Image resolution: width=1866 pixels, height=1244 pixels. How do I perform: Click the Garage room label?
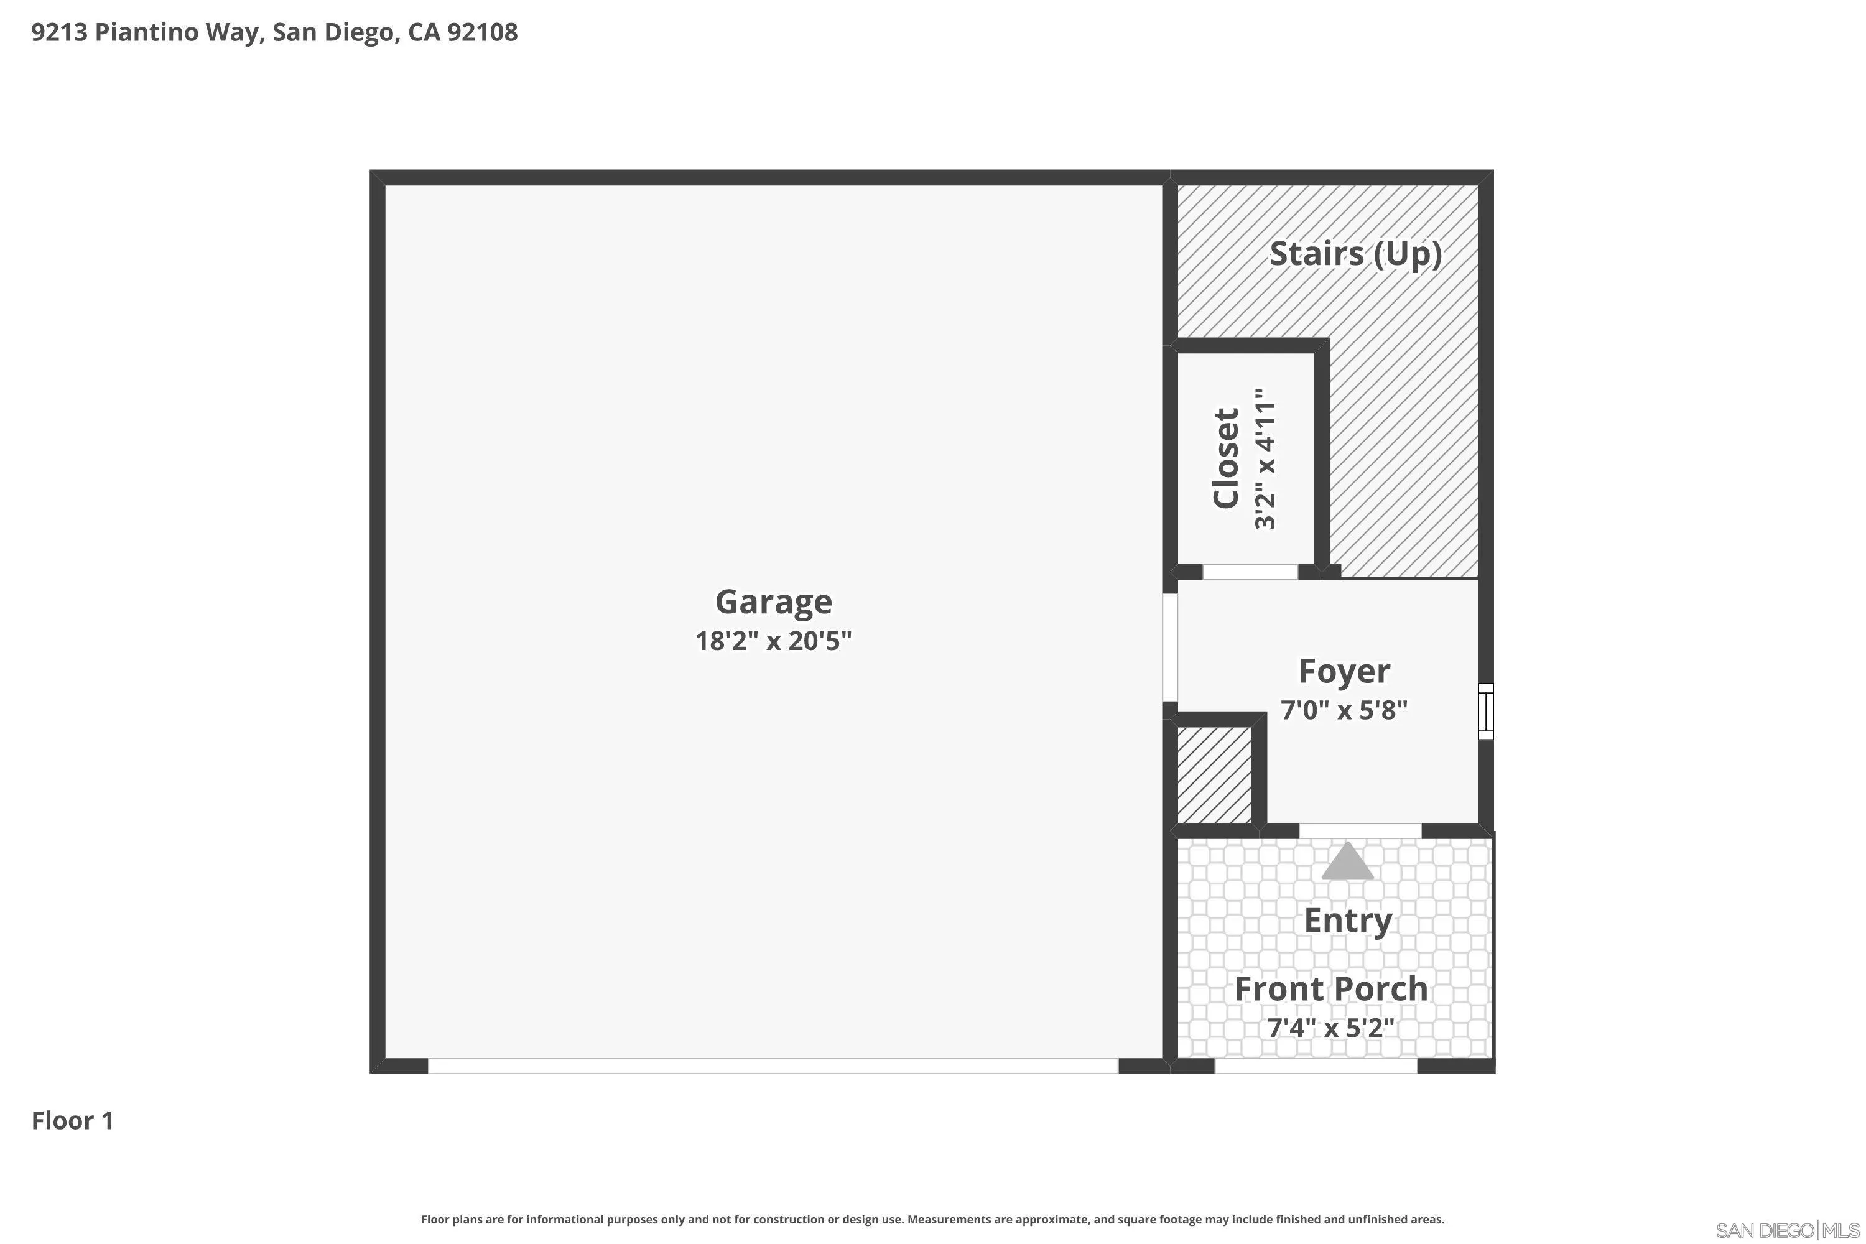pos(774,602)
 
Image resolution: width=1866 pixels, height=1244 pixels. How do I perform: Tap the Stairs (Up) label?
pos(1355,254)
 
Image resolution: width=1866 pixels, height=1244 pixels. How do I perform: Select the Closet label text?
pos(1226,458)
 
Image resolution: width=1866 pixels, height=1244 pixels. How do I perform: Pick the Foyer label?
pos(1344,672)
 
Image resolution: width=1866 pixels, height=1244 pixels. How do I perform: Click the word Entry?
pos(1348,921)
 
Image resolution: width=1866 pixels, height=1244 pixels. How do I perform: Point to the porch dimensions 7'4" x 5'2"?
pos(1331,1028)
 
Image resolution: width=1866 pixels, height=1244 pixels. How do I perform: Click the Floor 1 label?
pos(73,1121)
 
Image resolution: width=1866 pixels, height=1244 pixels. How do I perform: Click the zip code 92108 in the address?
pos(483,32)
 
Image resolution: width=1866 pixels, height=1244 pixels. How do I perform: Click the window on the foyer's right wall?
pos(1486,712)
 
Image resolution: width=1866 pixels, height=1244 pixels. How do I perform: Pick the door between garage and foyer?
pos(1169,648)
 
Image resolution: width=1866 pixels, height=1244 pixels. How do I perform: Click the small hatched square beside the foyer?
pos(1214,776)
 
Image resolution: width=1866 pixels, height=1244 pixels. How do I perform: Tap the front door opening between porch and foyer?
pos(1359,830)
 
